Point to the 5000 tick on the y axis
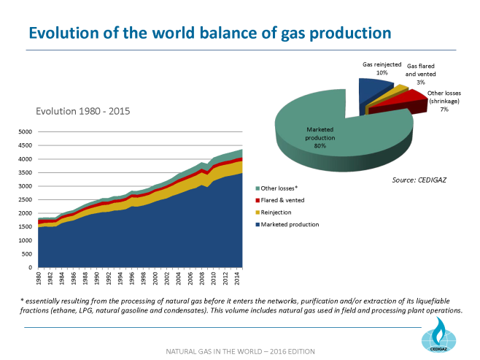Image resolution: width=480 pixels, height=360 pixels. tap(25, 132)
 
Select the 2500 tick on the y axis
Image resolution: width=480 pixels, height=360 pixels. tap(25, 200)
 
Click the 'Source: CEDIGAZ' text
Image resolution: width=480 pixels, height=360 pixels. tap(419, 177)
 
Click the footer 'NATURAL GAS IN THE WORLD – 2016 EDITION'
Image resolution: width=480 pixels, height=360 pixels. tap(239, 351)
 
